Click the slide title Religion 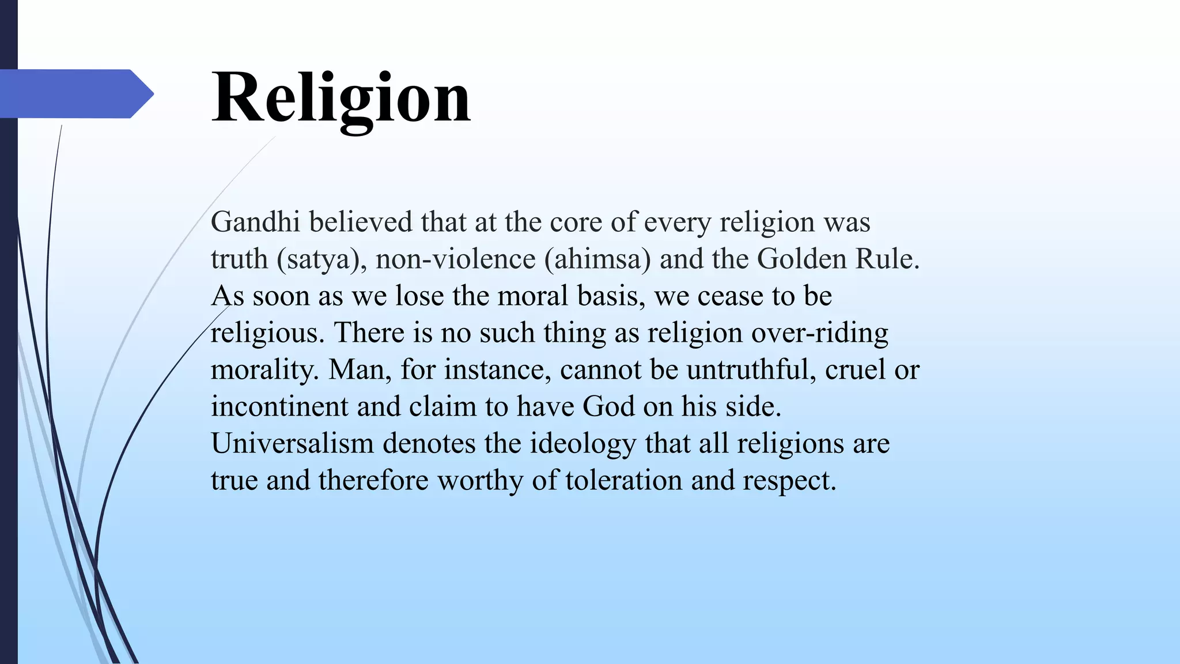pyautogui.click(x=341, y=97)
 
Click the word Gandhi pyautogui.click(x=255, y=222)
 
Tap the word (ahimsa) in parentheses pyautogui.click(x=597, y=259)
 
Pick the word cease pyautogui.click(x=729, y=296)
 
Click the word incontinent pyautogui.click(x=279, y=406)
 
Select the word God pyautogui.click(x=608, y=406)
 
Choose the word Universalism pyautogui.click(x=292, y=443)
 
